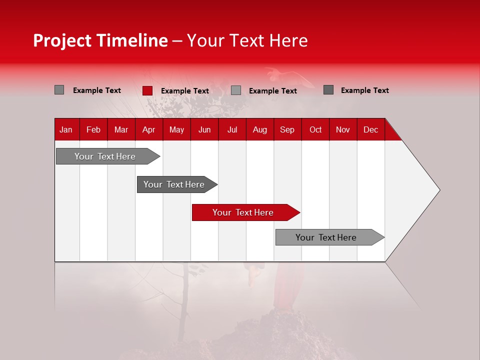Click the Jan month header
tap(66, 129)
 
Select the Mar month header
tap(121, 129)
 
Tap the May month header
tap(176, 129)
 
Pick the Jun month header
tap(204, 129)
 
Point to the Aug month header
tap(260, 129)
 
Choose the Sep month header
tap(287, 129)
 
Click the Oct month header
tap(315, 129)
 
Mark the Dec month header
tap(370, 129)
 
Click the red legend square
tap(147, 90)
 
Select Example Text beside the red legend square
tap(184, 91)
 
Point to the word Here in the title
tap(288, 40)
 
